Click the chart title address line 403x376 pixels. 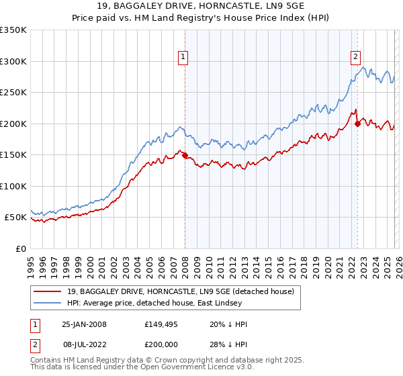click(x=201, y=6)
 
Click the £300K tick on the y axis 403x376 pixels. click(x=13, y=61)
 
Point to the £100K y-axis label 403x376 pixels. click(x=13, y=186)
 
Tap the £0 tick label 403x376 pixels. click(x=21, y=248)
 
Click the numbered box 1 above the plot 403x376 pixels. click(x=183, y=58)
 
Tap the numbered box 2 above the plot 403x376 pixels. click(x=355, y=58)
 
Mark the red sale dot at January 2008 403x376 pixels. click(x=185, y=155)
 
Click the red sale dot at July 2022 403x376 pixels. click(x=357, y=124)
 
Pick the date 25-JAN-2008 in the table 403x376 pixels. click(x=84, y=324)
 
